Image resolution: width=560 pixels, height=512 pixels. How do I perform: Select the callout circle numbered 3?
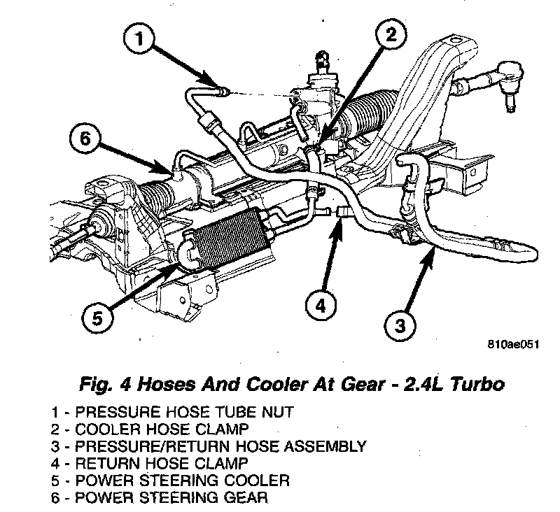tap(400, 325)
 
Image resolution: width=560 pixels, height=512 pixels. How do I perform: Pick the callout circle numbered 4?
tap(320, 306)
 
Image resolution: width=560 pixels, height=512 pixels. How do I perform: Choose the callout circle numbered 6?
tap(85, 138)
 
